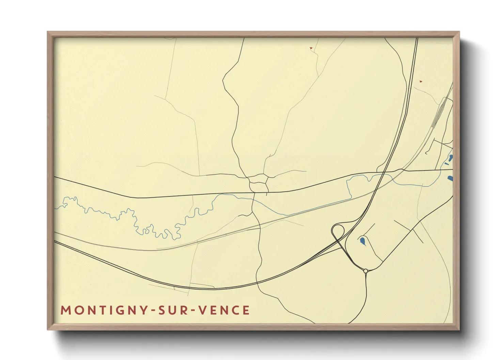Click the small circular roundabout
[365, 271]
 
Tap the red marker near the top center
[311, 48]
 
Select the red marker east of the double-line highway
[421, 81]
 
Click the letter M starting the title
[65, 310]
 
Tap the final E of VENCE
[246, 310]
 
